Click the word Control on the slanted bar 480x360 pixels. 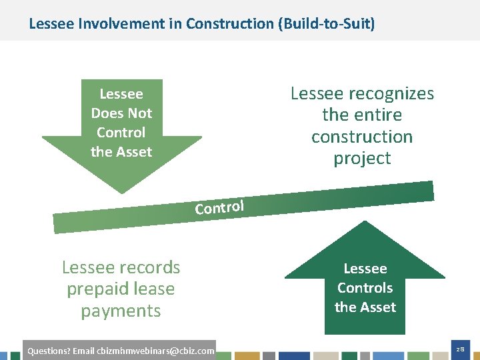tap(220, 207)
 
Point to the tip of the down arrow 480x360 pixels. tap(121, 192)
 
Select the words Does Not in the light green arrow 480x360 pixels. tap(121, 113)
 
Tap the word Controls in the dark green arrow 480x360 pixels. tap(365, 288)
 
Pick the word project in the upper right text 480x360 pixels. tap(362, 159)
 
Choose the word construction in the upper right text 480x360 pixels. tap(362, 137)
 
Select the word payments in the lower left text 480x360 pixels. tap(121, 311)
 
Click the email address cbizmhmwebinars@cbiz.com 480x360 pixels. tap(155, 351)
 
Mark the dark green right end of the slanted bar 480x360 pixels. tap(423, 191)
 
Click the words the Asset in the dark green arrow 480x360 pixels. tap(365, 307)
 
